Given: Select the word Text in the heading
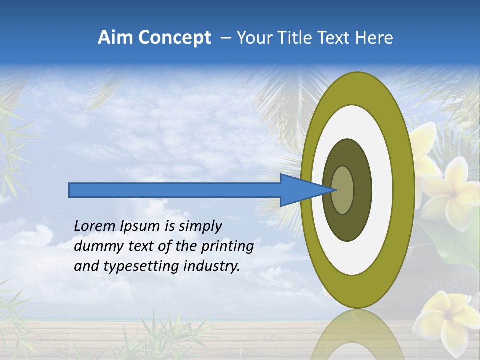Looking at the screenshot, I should pos(336,38).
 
